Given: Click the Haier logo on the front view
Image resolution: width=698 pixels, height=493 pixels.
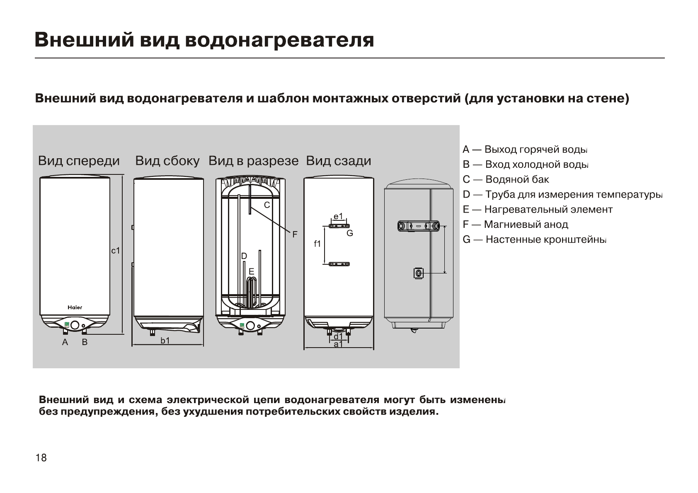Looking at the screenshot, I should (75, 307).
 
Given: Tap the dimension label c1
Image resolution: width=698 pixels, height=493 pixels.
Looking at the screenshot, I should (116, 251).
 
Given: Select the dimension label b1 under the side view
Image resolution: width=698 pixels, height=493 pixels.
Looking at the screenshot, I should (165, 341).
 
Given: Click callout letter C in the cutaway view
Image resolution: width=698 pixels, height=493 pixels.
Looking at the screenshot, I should (267, 205).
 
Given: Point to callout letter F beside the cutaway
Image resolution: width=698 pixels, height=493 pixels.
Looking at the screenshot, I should (295, 235).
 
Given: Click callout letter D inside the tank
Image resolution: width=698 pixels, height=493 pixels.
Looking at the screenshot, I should (244, 256).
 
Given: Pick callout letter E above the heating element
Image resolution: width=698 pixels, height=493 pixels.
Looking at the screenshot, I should (251, 271).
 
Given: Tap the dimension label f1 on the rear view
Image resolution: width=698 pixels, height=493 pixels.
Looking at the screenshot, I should (317, 244).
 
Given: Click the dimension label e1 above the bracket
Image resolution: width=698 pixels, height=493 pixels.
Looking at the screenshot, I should (338, 216).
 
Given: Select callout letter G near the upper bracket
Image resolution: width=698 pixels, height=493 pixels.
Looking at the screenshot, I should (350, 233).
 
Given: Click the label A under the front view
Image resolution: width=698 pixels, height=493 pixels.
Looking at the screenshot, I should (65, 342).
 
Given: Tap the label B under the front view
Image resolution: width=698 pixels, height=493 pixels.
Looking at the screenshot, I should (85, 342).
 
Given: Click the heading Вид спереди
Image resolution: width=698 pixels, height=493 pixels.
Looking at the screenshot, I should (79, 161).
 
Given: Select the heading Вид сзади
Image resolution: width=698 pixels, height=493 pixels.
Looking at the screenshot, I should (338, 161).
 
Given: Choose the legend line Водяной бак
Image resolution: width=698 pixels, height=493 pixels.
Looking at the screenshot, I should (506, 179).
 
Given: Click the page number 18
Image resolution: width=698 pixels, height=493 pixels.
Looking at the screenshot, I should (41, 458).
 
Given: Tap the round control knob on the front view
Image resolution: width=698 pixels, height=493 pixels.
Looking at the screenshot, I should (75, 325).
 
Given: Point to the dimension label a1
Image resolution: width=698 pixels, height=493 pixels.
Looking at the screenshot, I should (338, 344).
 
